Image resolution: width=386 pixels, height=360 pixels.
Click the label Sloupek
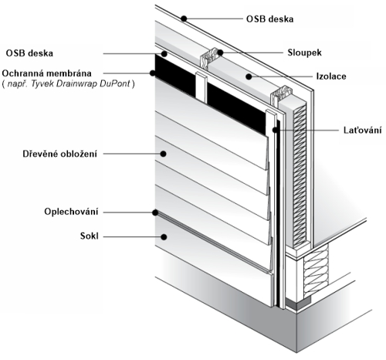click(304, 53)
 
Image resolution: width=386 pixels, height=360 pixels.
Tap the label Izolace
click(331, 76)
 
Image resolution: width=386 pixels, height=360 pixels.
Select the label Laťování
click(363, 130)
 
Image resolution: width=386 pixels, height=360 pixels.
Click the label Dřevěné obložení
click(60, 154)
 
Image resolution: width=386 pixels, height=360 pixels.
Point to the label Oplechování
click(71, 212)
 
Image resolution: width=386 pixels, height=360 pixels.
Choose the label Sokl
click(90, 236)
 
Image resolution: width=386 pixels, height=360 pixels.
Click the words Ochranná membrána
click(46, 73)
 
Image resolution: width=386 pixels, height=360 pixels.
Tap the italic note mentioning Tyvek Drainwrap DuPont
click(68, 84)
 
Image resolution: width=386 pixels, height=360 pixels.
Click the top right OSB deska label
click(269, 19)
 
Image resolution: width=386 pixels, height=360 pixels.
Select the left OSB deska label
click(29, 53)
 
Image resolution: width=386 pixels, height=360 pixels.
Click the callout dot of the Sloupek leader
click(220, 53)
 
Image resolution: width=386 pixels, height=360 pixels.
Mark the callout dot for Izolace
click(249, 76)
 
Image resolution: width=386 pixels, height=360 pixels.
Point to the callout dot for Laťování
click(276, 130)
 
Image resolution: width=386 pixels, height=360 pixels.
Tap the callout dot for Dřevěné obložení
click(163, 154)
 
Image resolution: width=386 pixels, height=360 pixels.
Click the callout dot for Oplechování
click(155, 212)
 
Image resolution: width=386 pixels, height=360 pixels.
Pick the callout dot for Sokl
click(164, 236)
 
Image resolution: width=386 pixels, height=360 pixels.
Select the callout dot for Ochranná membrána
click(153, 73)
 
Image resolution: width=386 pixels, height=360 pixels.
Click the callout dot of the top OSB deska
click(184, 19)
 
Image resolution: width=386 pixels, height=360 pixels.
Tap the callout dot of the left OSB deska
click(164, 54)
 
